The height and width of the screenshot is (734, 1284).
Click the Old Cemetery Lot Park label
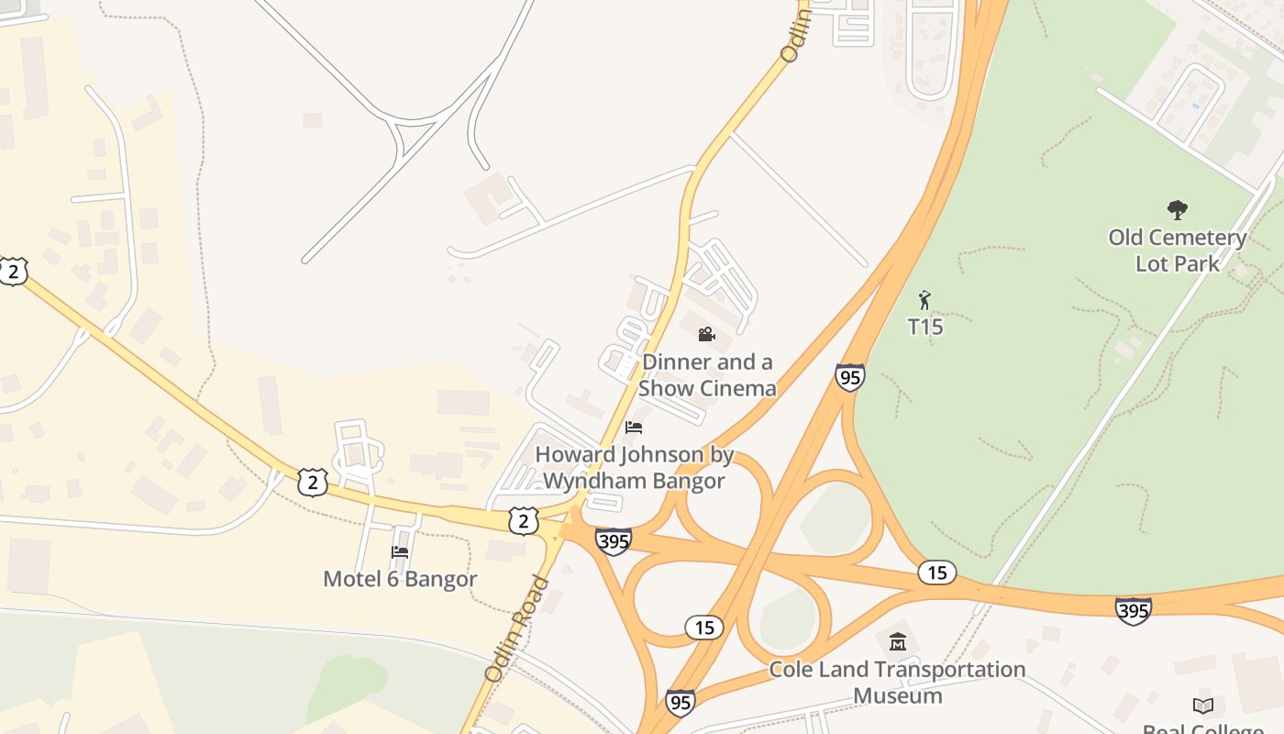click(x=1178, y=250)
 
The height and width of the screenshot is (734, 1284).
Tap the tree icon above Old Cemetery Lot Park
click(x=1178, y=210)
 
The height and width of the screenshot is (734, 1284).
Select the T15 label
click(x=925, y=327)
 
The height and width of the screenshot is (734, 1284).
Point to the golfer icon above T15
click(x=924, y=300)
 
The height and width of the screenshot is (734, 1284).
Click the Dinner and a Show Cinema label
click(x=707, y=374)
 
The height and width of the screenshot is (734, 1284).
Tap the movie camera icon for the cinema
click(x=706, y=334)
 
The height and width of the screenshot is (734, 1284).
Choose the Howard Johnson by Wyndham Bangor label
click(x=634, y=467)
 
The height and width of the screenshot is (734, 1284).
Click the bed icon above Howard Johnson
click(x=633, y=428)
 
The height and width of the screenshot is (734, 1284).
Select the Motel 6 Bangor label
click(x=400, y=579)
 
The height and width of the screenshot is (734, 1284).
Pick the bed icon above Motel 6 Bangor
click(x=400, y=551)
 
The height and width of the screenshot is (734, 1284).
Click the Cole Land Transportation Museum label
click(x=897, y=682)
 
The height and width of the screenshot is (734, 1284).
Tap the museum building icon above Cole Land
click(x=897, y=641)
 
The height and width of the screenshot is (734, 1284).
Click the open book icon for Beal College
click(x=1203, y=705)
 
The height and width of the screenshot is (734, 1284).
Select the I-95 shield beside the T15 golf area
click(x=849, y=377)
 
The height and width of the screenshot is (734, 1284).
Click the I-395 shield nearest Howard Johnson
click(x=613, y=541)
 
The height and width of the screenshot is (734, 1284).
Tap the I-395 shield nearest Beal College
click(x=1133, y=610)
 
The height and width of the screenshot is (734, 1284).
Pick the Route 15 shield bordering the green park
click(x=936, y=573)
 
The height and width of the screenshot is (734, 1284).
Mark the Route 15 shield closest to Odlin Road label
click(x=703, y=628)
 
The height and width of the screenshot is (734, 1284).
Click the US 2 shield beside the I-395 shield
click(x=523, y=521)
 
